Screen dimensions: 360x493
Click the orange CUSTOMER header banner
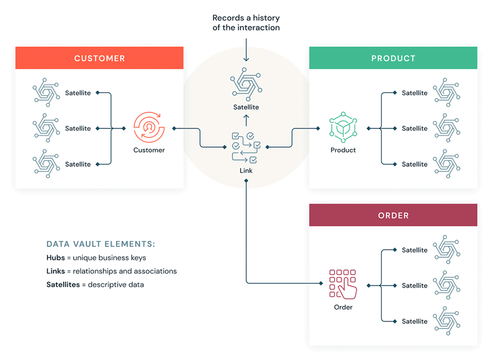99,58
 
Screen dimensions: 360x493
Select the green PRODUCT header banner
393,58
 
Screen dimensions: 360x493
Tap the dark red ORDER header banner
393,215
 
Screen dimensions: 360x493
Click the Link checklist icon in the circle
246,147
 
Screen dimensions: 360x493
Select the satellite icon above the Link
246,84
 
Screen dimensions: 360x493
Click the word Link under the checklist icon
246,171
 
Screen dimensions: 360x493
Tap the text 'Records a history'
246,18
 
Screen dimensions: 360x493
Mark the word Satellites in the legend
63,284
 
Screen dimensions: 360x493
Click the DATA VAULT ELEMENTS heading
101,244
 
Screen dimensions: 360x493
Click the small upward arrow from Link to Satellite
246,120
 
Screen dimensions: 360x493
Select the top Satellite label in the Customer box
78,93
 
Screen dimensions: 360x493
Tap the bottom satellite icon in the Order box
447,321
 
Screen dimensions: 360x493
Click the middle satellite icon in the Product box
447,128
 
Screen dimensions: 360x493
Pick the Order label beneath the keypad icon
343,307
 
